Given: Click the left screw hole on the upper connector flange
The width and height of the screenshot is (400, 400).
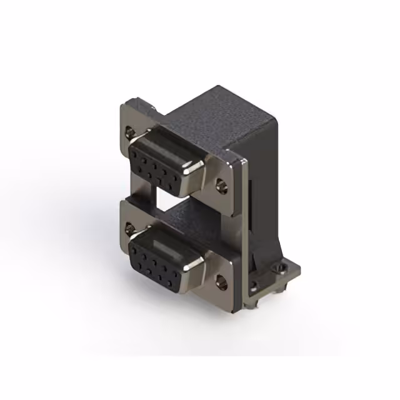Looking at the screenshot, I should tap(129, 132).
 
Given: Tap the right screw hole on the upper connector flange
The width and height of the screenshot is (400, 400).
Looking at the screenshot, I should tap(220, 185).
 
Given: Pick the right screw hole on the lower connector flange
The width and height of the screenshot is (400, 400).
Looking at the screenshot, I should tap(220, 279).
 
